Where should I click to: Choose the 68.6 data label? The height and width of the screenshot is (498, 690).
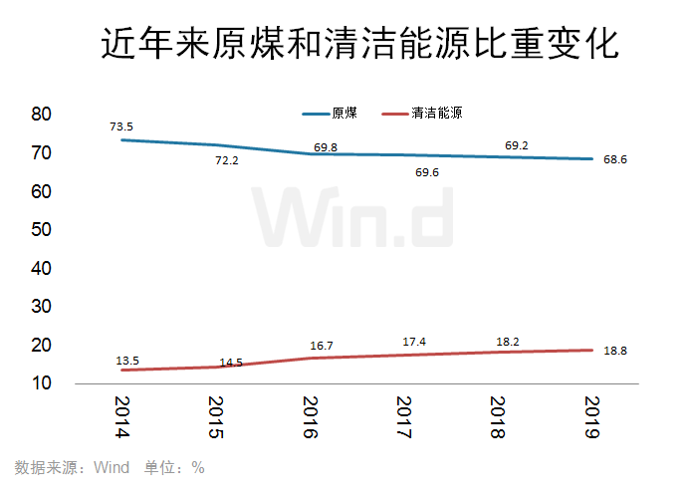pos(615,159)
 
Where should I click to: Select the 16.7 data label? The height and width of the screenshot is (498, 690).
pos(322,346)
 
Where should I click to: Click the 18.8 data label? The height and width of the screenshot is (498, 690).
pos(615,351)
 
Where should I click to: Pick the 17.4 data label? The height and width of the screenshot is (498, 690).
pos(415,342)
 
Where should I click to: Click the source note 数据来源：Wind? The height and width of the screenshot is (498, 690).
pos(72,467)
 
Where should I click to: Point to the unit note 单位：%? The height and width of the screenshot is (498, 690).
pos(174,467)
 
